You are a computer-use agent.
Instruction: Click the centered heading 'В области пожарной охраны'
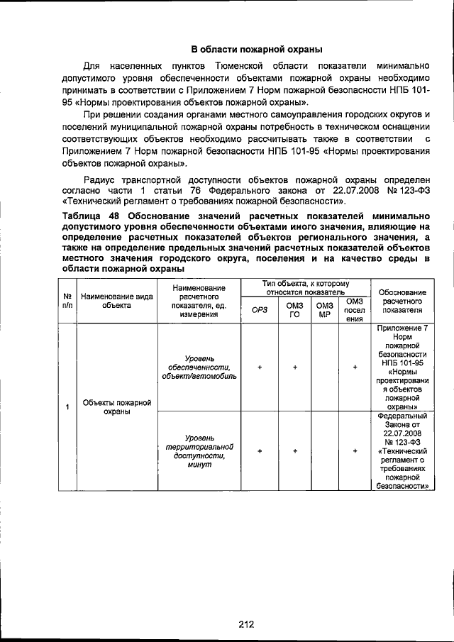tap(257, 50)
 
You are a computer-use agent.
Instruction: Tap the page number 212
tap(246, 604)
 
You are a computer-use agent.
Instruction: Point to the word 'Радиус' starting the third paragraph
tap(101, 179)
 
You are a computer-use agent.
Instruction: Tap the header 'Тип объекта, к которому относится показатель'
tap(306, 287)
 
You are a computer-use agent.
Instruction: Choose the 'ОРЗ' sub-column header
tap(260, 309)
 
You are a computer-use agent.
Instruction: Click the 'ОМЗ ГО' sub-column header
tap(294, 309)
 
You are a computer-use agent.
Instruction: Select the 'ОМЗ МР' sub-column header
tap(325, 309)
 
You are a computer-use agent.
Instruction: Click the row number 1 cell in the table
tap(67, 407)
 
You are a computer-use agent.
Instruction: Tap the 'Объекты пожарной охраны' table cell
tap(116, 407)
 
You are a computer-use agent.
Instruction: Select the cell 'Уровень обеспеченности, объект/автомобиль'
tap(199, 367)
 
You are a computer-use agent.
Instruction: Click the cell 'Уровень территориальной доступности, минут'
tap(199, 451)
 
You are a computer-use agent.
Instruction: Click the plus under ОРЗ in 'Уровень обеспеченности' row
tap(260, 367)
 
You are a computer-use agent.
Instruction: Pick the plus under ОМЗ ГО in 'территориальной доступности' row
tap(294, 451)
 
